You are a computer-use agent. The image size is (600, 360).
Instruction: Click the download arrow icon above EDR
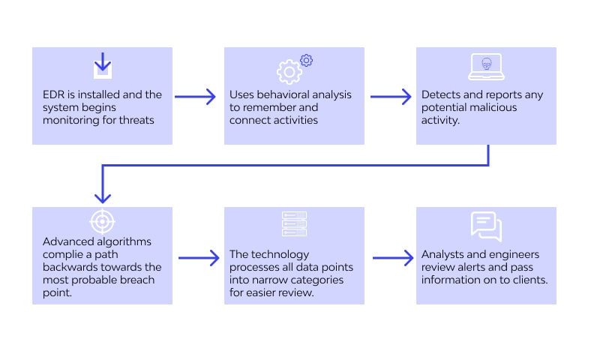(103, 66)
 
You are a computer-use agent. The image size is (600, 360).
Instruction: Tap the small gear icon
(306, 60)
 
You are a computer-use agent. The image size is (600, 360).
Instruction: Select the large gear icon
(289, 72)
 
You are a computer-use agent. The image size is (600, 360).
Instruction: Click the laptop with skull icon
(486, 67)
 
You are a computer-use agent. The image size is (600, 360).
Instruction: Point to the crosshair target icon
(102, 221)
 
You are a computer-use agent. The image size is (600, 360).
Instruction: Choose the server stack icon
(294, 223)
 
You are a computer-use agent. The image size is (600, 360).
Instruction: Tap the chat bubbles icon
(486, 226)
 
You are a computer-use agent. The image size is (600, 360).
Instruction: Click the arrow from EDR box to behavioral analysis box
(195, 97)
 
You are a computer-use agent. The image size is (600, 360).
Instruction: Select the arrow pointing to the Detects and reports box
(391, 97)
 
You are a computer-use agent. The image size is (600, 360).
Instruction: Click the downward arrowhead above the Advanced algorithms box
(103, 198)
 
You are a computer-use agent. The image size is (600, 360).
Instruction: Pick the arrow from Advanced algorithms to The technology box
(199, 258)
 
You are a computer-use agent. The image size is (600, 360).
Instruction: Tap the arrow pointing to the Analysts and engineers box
(393, 258)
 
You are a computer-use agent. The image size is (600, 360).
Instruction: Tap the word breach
(137, 280)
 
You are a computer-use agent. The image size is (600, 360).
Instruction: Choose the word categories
(319, 280)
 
